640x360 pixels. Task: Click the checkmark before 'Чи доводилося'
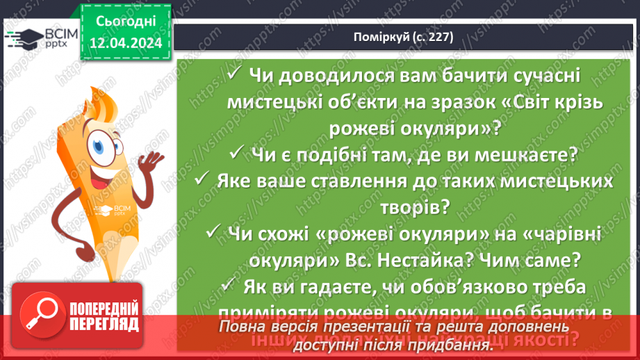coord(234,73)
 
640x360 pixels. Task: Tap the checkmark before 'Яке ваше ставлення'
coord(204,180)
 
